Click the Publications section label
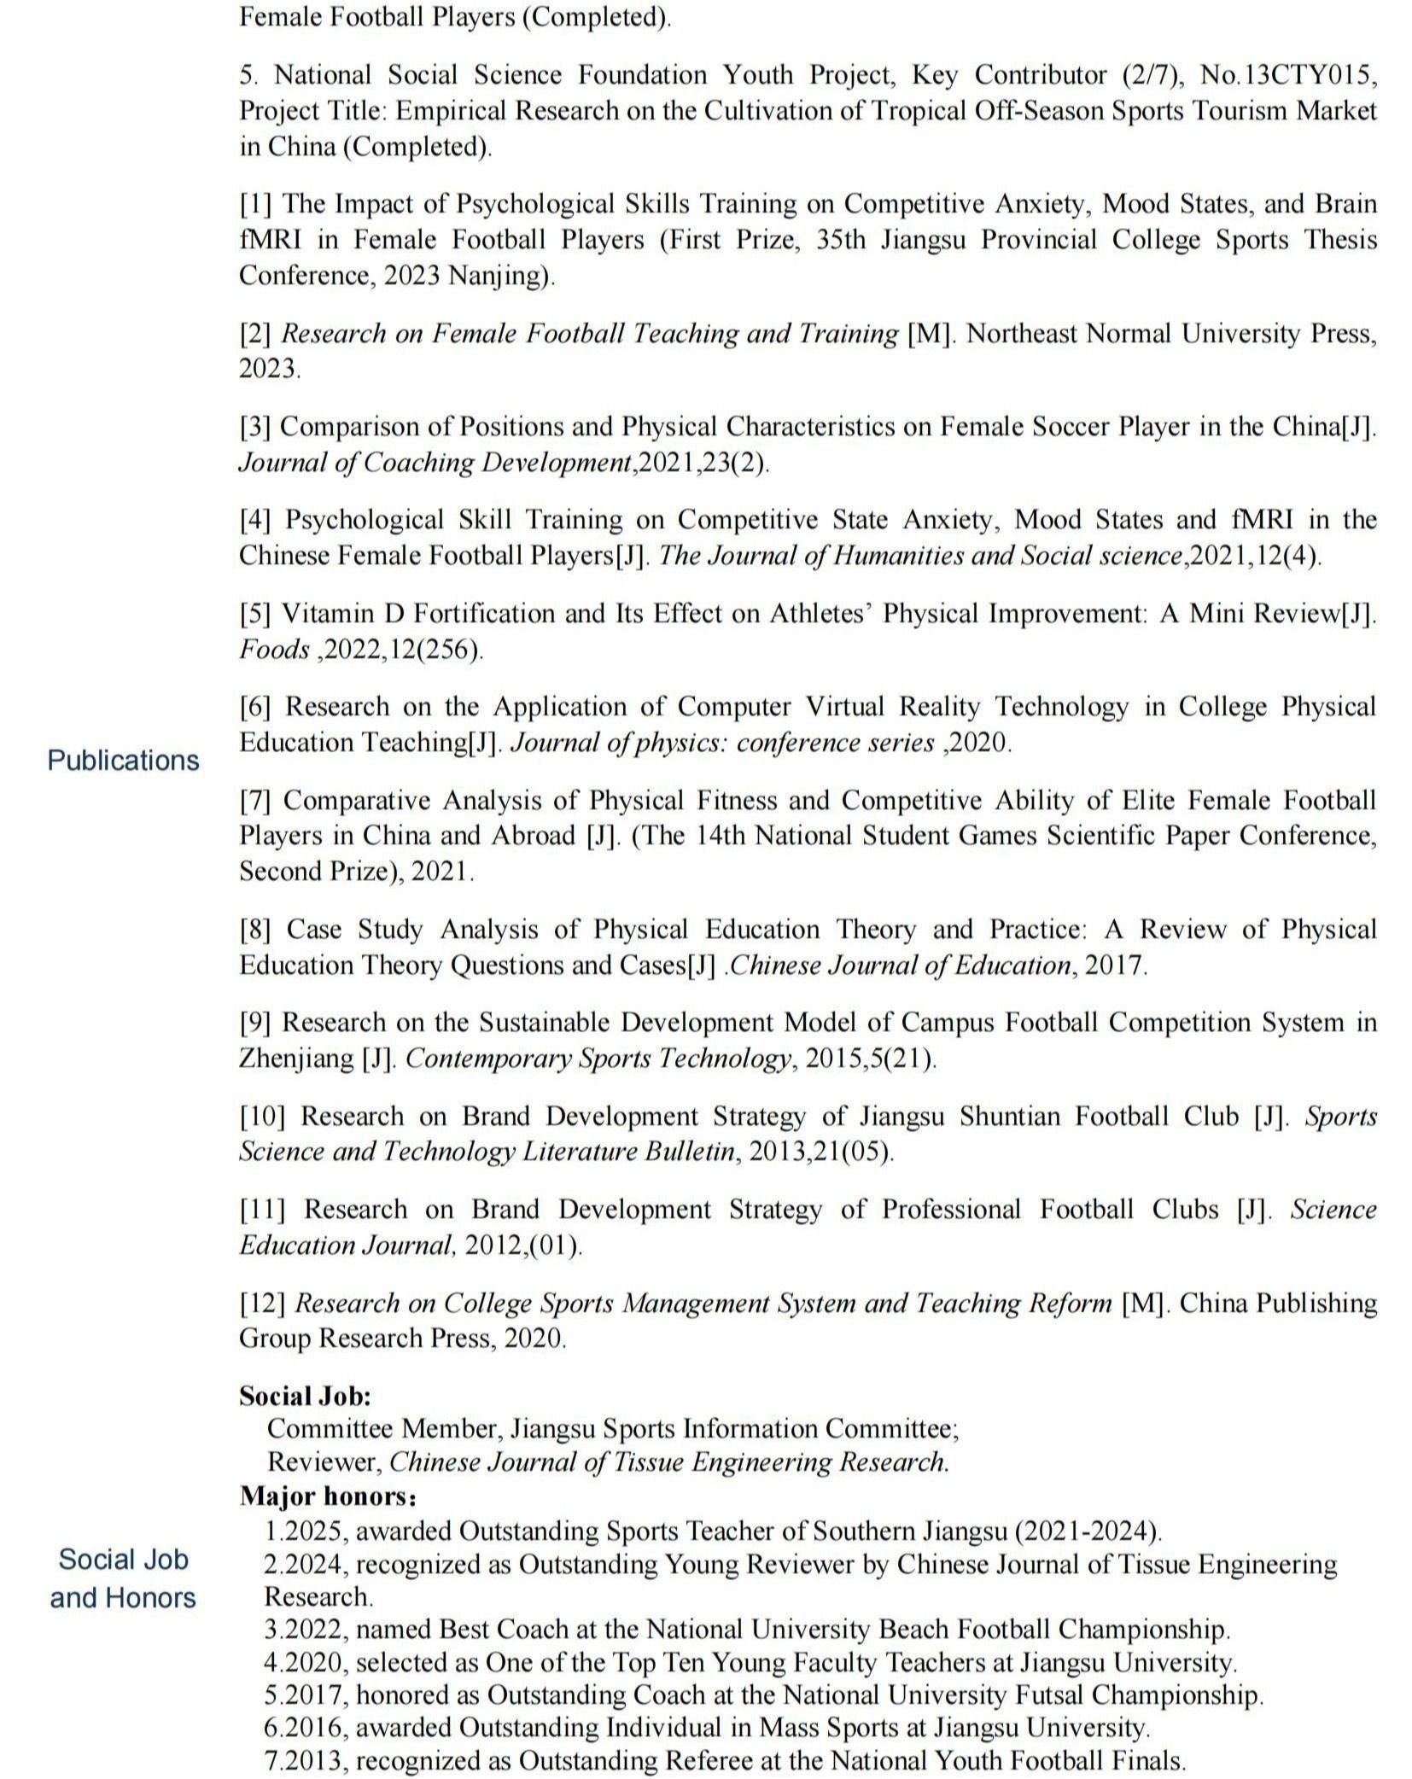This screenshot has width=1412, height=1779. pos(123,760)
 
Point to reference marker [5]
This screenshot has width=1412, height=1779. pos(254,614)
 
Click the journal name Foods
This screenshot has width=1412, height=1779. pos(274,650)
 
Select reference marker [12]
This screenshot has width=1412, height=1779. pos(261,1304)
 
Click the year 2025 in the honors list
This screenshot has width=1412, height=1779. pos(311,1531)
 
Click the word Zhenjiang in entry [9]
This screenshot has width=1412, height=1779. pos(295,1059)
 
